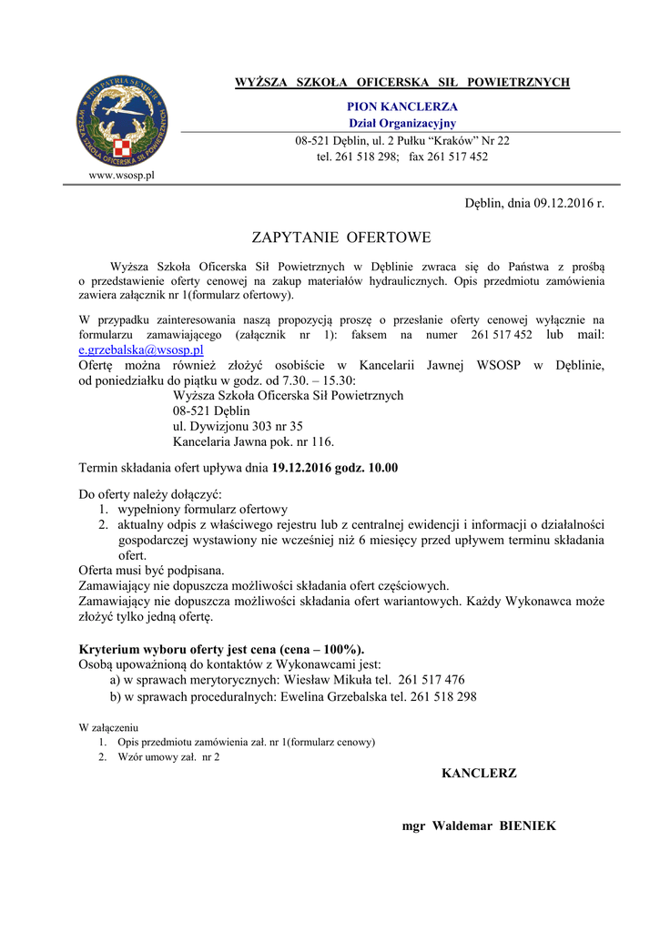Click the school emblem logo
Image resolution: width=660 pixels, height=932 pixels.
[x=121, y=121]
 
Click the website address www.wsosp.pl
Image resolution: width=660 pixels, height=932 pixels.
[x=121, y=175]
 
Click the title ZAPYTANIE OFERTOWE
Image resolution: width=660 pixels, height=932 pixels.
[x=340, y=238]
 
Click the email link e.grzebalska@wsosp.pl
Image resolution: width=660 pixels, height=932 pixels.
[x=141, y=349]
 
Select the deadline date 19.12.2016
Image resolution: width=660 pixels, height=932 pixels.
[x=302, y=469]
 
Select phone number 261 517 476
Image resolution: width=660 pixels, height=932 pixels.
[x=432, y=679]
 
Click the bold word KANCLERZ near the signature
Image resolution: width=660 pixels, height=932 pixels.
[x=479, y=774]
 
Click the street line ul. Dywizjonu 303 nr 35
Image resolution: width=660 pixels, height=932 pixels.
[x=238, y=426]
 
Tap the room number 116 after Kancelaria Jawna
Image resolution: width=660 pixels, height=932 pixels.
[x=321, y=442]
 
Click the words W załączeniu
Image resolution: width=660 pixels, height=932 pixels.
[x=108, y=727]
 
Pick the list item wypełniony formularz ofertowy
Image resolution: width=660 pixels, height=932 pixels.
[x=203, y=510]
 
